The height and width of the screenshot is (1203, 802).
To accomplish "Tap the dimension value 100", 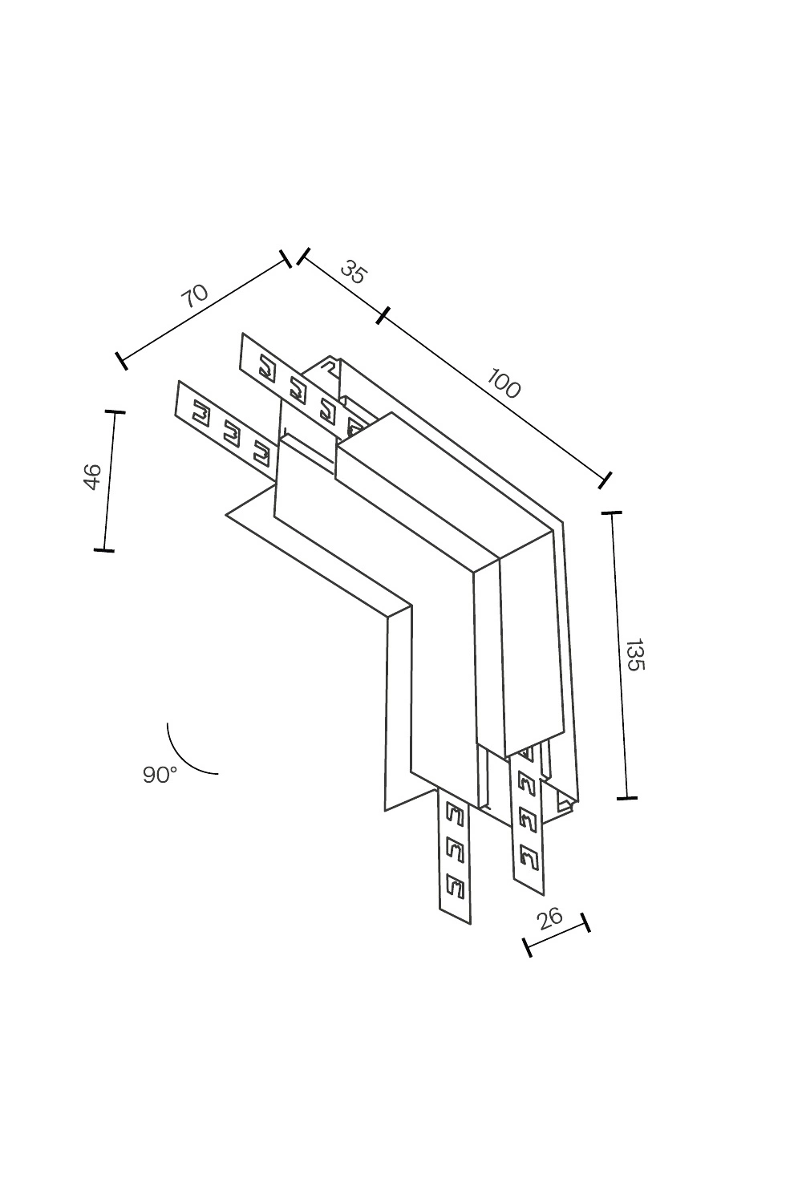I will (504, 386).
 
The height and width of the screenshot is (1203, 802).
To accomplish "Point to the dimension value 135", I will (634, 654).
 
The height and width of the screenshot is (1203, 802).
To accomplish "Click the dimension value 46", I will (92, 476).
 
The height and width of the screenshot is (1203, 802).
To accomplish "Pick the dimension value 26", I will (550, 917).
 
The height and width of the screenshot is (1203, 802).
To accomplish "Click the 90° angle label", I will (160, 775).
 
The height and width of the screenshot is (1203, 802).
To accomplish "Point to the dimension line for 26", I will (557, 935).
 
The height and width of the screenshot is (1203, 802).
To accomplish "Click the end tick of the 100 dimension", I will (606, 480).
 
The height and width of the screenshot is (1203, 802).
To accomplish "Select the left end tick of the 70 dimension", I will (121, 360).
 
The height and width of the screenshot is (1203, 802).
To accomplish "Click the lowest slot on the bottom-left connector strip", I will (455, 887).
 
